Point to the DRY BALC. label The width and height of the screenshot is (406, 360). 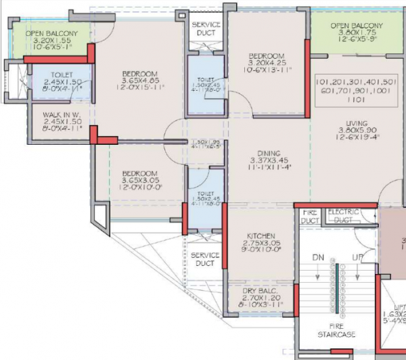(x=261, y=290)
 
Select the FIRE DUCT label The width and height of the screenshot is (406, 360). (x=308, y=216)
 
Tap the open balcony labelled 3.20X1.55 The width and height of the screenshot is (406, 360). (x=51, y=41)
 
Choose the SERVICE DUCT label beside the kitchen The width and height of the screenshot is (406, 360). (x=204, y=259)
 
